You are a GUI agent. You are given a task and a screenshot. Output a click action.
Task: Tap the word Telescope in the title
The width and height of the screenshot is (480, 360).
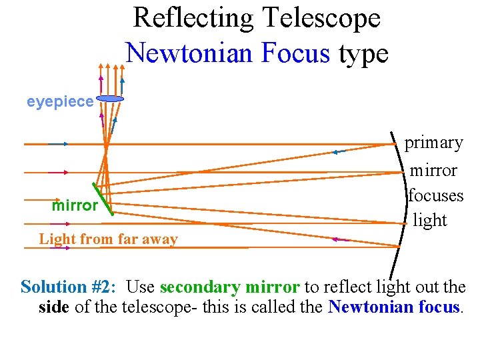(x=323, y=18)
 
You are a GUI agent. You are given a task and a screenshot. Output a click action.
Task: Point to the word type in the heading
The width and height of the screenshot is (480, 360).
(x=363, y=54)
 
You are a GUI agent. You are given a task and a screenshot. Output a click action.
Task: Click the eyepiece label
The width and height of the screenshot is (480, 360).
(x=60, y=101)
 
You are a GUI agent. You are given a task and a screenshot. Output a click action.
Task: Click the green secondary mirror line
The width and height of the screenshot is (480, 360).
(x=103, y=199)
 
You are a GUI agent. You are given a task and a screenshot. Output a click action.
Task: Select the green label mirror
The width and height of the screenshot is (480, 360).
(x=75, y=205)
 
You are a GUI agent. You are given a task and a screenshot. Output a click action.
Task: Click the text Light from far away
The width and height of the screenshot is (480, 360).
(x=108, y=239)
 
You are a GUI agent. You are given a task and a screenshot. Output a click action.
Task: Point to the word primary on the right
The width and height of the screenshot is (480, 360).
(x=434, y=143)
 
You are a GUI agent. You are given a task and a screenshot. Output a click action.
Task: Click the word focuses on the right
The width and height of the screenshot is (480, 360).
(x=435, y=196)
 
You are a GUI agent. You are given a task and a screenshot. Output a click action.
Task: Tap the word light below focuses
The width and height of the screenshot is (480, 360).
(x=430, y=220)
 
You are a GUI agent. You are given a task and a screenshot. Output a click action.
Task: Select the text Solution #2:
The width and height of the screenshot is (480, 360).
(x=69, y=287)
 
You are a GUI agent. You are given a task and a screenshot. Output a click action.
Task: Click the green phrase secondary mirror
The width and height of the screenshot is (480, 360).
(x=229, y=287)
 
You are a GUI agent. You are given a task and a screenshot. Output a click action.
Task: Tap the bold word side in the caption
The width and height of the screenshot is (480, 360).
(x=53, y=307)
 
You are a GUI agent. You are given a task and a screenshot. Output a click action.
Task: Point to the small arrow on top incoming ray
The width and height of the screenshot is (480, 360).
(x=59, y=143)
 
